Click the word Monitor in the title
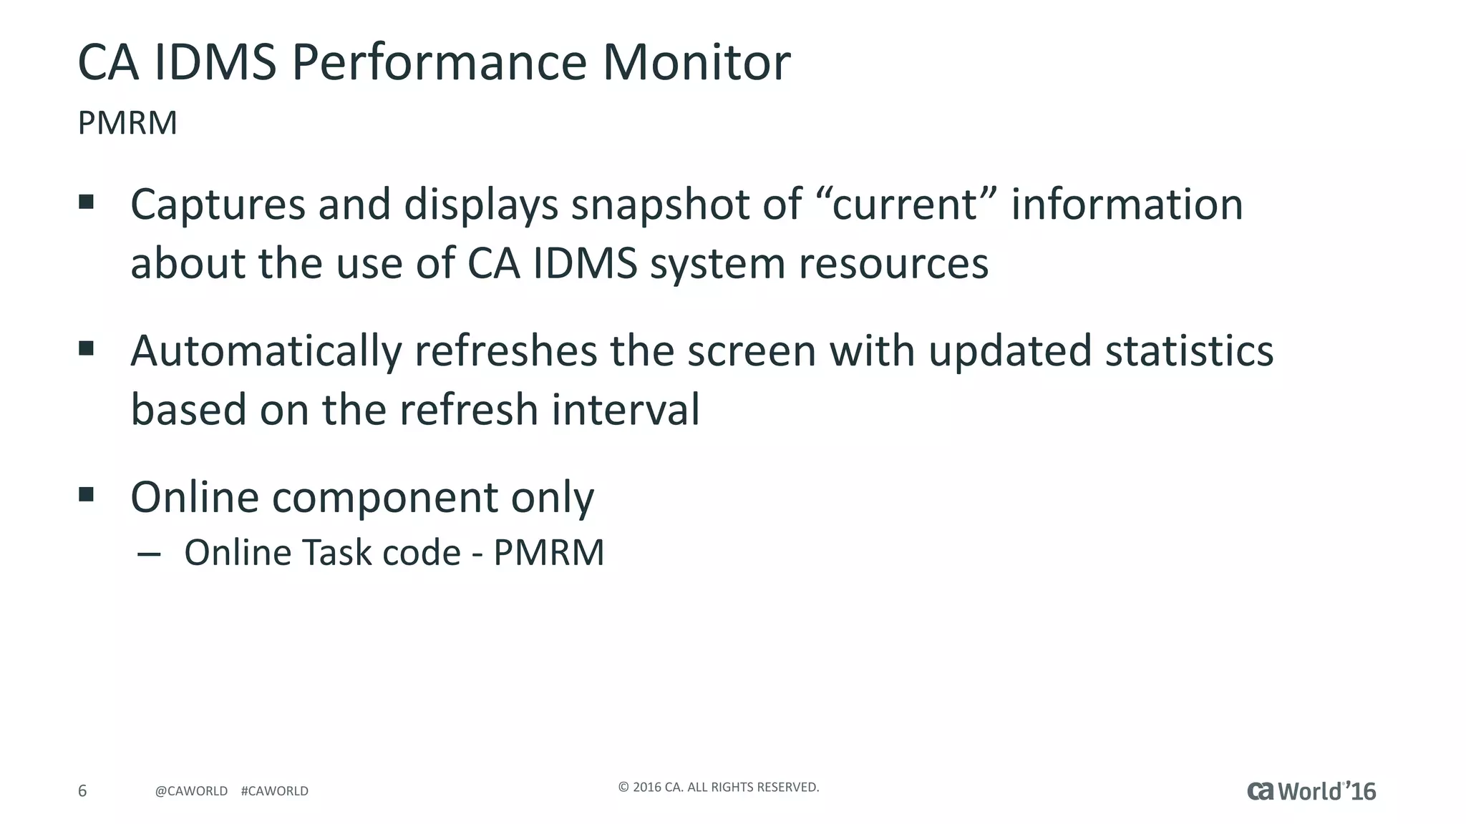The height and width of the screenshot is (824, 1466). (x=696, y=62)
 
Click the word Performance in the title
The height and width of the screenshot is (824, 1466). (x=439, y=62)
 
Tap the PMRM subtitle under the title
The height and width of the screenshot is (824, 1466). (x=127, y=123)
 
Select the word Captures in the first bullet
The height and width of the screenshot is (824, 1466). (x=218, y=205)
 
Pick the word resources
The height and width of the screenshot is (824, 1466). (x=893, y=263)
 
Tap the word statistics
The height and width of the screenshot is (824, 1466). (x=1189, y=352)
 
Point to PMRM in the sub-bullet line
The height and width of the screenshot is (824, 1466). (x=549, y=553)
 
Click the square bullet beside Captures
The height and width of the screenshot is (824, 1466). (x=87, y=202)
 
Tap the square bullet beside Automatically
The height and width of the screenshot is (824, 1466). (x=87, y=348)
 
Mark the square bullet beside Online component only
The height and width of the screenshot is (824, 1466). (x=87, y=494)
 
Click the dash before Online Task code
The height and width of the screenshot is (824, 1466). (x=148, y=554)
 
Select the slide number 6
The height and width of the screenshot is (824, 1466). (x=82, y=790)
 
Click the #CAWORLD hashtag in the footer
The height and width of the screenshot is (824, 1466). (x=275, y=791)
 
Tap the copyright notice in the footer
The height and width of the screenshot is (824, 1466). (x=718, y=788)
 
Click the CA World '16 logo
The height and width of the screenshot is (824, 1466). (x=1311, y=791)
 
